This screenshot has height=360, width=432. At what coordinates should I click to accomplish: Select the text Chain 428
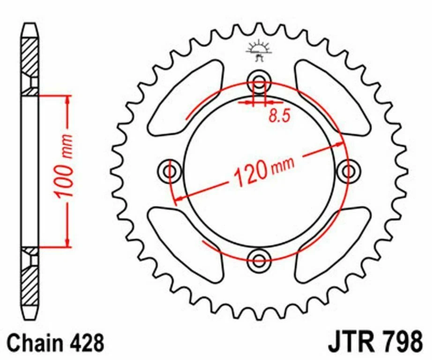pos(55,343)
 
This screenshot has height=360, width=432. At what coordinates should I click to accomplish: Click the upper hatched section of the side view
pos(30,59)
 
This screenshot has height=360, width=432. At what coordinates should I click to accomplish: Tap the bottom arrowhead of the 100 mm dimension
pos(68,242)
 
